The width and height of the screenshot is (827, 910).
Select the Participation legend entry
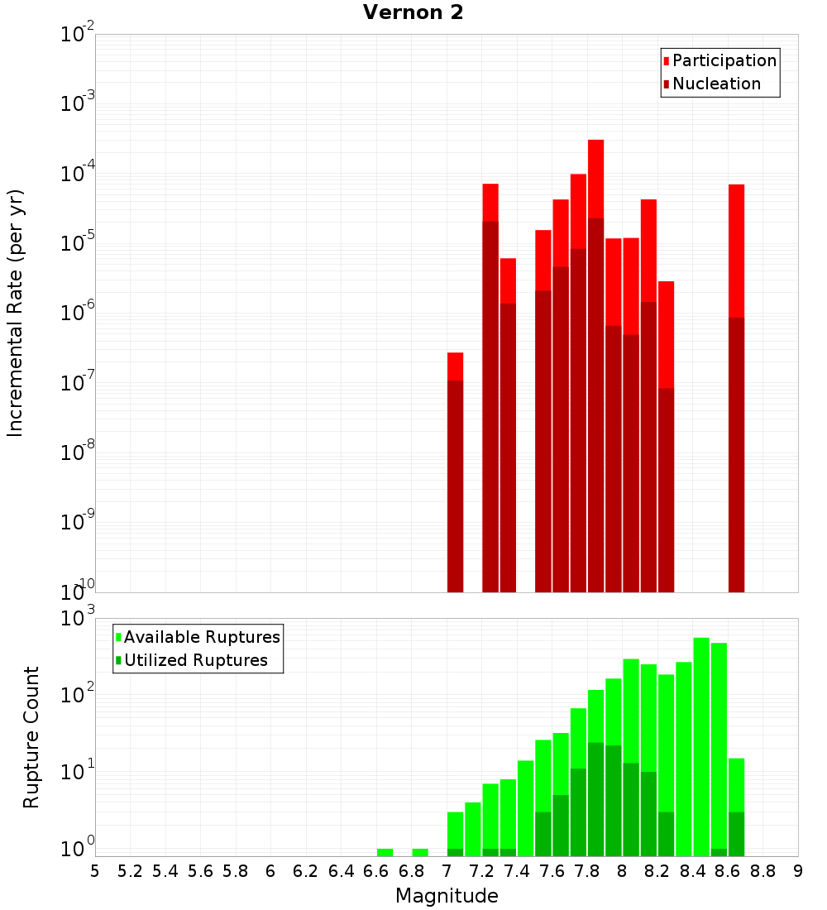(x=724, y=60)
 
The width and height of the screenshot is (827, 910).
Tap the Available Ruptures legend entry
(x=201, y=637)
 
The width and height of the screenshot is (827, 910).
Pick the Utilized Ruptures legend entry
(x=195, y=660)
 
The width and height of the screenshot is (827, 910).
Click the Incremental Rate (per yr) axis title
(x=15, y=313)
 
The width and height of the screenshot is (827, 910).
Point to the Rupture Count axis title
(x=31, y=737)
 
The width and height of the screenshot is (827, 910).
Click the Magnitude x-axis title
(x=447, y=896)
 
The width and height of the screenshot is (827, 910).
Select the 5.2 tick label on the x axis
(x=130, y=871)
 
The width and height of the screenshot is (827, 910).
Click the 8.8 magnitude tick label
(x=762, y=871)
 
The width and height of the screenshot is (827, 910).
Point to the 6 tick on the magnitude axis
(x=270, y=871)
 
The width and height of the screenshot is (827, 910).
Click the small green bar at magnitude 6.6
(x=385, y=852)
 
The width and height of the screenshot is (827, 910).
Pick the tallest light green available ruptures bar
(x=701, y=745)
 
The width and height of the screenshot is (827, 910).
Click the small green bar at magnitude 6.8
(x=420, y=852)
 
